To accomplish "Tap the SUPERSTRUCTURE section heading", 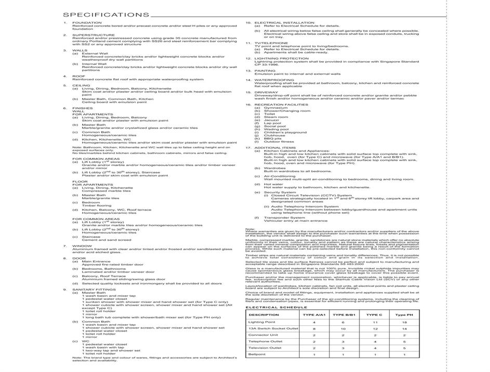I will tap(94, 35).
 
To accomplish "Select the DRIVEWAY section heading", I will tap(267, 92).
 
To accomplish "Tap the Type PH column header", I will tap(404, 315).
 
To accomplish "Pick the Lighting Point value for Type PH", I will tap(404, 322).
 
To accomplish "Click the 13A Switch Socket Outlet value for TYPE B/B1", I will tap(343, 328).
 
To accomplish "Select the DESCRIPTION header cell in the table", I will tap(264, 315).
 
